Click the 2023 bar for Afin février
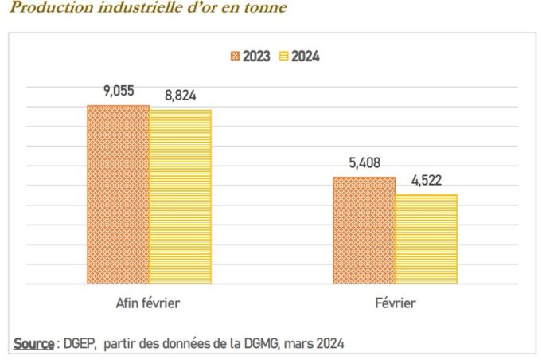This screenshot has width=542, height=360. (x=118, y=194)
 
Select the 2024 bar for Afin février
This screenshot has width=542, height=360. (x=180, y=197)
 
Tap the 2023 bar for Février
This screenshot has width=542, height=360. (x=364, y=230)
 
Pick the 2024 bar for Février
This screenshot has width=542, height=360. (x=426, y=239)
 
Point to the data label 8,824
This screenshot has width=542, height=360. (x=181, y=96)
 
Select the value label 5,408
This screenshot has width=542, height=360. (x=364, y=163)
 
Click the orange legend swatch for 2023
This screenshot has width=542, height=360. (x=235, y=57)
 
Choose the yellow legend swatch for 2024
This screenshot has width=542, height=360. (x=284, y=57)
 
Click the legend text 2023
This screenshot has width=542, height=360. (x=256, y=57)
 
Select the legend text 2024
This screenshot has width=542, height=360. (x=306, y=57)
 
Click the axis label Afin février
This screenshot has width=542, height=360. (x=148, y=303)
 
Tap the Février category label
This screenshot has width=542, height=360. (x=395, y=303)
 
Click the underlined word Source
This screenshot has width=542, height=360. (x=33, y=343)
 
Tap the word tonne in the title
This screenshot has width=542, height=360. (x=267, y=8)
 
